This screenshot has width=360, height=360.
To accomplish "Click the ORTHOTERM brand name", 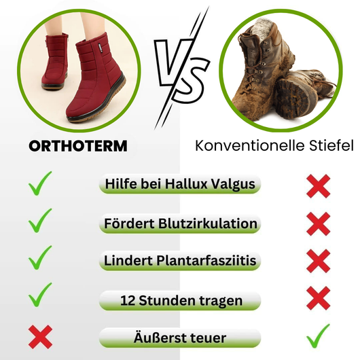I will point(78,145).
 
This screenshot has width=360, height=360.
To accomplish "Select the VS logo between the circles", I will point(179,68).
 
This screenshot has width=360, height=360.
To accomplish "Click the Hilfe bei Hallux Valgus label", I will point(180,185).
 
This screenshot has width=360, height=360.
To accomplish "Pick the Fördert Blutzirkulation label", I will point(180,223).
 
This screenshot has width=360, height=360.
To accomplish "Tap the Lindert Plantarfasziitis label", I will point(180,260).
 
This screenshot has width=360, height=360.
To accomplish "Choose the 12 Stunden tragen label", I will point(180,299).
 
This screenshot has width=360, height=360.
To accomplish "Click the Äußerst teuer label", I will point(180,337).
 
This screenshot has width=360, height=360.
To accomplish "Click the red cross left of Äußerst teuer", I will point(41,336).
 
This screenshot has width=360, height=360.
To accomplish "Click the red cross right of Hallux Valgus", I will point(318,185).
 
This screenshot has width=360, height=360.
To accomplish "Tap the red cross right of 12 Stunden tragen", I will point(318,297).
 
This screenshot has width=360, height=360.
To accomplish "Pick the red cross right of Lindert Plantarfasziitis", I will point(318,260).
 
